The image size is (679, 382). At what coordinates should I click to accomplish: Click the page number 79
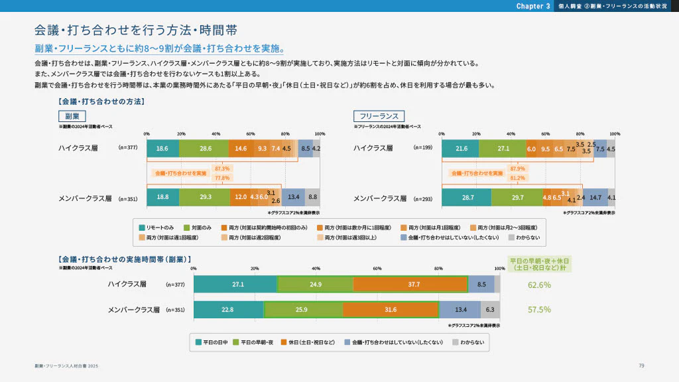pyautogui.click(x=641, y=365)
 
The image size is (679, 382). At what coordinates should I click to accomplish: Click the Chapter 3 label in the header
pyautogui.click(x=533, y=6)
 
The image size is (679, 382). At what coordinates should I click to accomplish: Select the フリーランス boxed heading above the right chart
pyautogui.click(x=378, y=116)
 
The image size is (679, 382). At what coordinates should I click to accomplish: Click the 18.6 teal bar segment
pyautogui.click(x=162, y=149)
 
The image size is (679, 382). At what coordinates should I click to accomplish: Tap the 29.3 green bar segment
pyautogui.click(x=204, y=198)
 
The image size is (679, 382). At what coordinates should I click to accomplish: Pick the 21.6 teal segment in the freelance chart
pyautogui.click(x=460, y=149)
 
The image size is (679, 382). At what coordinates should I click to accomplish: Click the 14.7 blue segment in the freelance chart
pyautogui.click(x=595, y=198)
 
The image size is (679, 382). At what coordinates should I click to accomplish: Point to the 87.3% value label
pyautogui.click(x=222, y=169)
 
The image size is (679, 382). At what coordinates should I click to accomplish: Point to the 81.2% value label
pyautogui.click(x=517, y=178)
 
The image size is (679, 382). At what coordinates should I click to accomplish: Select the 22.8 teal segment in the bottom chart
pyautogui.click(x=228, y=310)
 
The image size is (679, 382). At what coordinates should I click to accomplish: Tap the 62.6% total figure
pyautogui.click(x=539, y=285)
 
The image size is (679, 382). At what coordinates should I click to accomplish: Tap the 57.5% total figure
pyautogui.click(x=539, y=310)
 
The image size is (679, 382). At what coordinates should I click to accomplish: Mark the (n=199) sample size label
pyautogui.click(x=422, y=147)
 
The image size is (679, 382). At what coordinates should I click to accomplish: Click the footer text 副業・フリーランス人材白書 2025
pyautogui.click(x=66, y=366)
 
